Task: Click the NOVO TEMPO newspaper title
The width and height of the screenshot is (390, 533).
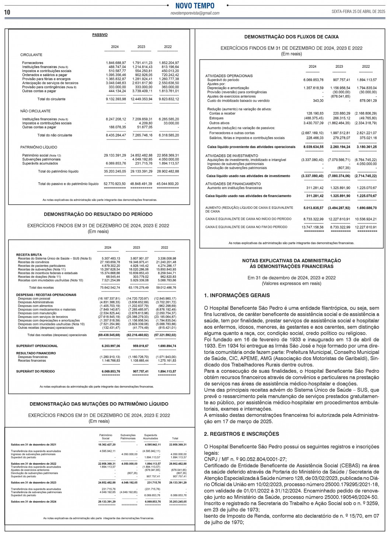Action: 195,6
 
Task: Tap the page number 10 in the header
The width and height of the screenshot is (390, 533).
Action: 7,12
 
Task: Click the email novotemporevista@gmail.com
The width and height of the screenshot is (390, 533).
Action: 195,13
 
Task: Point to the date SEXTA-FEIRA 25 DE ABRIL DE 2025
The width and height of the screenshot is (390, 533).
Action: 358,12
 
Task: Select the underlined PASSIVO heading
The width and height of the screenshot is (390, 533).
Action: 100,35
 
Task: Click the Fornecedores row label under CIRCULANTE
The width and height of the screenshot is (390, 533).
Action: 32,63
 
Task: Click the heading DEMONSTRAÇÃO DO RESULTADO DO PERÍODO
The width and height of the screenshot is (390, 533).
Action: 98,214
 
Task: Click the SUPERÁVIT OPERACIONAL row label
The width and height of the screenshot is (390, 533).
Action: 37,346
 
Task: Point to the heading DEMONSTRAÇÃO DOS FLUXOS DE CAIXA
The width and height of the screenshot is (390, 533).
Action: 291,37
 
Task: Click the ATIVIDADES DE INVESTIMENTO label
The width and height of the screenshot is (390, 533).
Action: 231,156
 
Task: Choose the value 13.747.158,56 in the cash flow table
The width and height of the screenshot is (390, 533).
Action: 313,227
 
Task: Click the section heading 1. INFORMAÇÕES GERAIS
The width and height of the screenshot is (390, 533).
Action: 237,295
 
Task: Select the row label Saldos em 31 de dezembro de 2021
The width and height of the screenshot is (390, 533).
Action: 34,445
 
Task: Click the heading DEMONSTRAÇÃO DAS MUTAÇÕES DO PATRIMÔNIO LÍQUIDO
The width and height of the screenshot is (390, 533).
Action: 99,404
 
